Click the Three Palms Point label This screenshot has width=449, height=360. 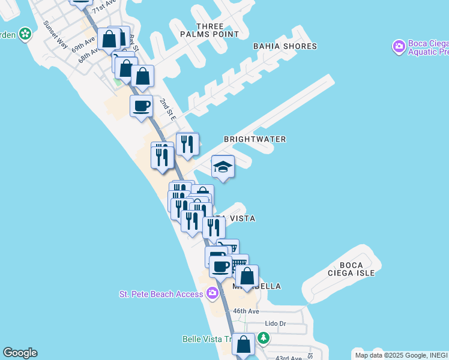pos(209,30)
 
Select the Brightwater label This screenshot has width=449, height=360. pos(255,139)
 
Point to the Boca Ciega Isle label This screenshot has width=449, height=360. pos(357,269)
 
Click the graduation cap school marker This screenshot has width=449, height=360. pos(223,166)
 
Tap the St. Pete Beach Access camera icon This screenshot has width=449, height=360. pos(212,293)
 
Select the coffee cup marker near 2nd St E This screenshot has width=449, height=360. pos(141,106)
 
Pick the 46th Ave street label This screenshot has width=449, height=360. pos(246,311)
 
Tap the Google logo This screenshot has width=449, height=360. pos(20,353)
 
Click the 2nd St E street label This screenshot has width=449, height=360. pos(167,110)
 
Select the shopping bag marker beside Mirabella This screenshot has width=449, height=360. pos(247,277)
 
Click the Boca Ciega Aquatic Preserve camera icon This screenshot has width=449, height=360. pos(398,46)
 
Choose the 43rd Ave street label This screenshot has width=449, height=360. pos(288,358)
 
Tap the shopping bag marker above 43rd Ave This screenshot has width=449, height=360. pos(243,345)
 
